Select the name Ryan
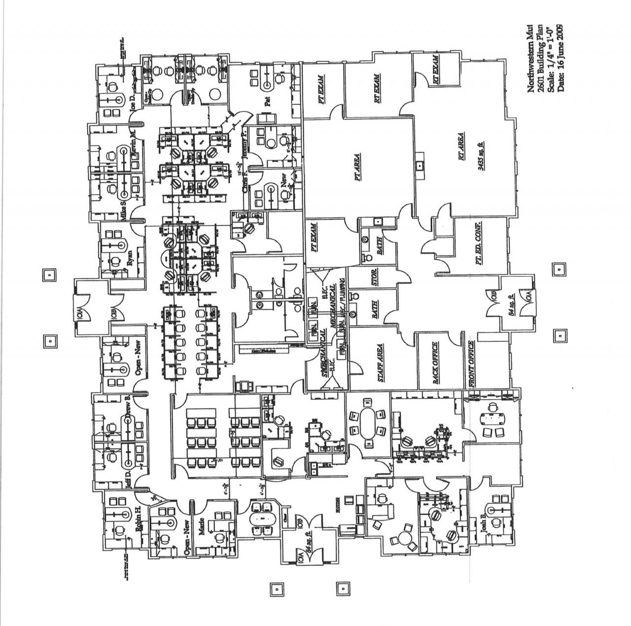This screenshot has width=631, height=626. coord(130,257)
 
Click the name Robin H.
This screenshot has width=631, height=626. coord(139,519)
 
